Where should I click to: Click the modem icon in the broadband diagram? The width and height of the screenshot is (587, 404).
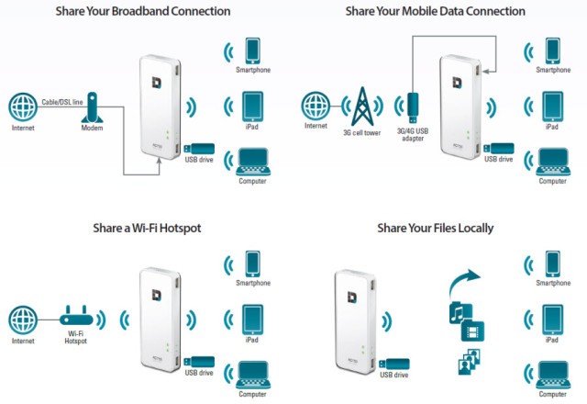[x=92, y=107]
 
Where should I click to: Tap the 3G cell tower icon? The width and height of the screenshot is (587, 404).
[x=362, y=107]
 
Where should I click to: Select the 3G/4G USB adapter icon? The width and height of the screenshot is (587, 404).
[x=413, y=108]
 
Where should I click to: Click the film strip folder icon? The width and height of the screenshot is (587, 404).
[x=473, y=331]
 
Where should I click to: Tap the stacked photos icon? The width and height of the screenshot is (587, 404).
[x=470, y=362]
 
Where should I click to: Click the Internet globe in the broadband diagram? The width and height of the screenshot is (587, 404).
[x=23, y=107]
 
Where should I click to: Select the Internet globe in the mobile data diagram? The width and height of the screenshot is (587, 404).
[x=316, y=107]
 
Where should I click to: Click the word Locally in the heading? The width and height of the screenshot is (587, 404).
[x=476, y=229]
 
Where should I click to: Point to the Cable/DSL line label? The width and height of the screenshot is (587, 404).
[x=62, y=102]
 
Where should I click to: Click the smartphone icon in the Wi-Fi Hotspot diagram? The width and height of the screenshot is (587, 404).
[x=253, y=264]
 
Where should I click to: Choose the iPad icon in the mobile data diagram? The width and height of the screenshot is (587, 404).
[x=552, y=107]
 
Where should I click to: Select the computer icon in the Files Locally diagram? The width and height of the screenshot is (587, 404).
[x=553, y=375]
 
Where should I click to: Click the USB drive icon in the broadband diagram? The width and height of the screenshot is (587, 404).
[x=199, y=149]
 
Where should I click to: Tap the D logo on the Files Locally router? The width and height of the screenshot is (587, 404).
[x=352, y=297]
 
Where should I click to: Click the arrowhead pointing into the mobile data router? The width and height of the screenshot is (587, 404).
[x=485, y=72]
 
